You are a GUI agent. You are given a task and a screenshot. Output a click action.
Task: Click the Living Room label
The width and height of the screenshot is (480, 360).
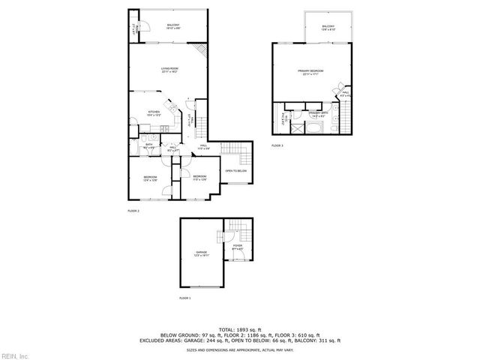tap(169, 70)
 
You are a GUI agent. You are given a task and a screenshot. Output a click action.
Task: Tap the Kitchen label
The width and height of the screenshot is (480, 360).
tap(154, 113)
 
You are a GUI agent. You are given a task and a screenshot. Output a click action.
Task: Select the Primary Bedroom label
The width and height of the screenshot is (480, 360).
tap(312, 73)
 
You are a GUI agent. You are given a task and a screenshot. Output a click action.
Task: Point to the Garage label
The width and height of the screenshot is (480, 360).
tap(201, 253)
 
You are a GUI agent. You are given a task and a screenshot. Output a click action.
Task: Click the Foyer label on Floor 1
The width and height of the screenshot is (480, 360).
tap(237, 247)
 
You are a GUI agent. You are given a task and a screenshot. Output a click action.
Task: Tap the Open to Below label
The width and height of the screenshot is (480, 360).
tap(236, 171)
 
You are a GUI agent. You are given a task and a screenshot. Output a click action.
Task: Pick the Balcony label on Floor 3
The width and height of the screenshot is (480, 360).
tap(328, 28)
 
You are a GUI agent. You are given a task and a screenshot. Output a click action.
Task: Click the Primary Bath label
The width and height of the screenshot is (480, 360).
tap(317, 115)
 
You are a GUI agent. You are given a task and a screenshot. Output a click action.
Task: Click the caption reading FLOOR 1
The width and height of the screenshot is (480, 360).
tap(185, 298)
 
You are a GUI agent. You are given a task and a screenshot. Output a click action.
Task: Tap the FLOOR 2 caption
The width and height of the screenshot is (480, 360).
tap(133, 212)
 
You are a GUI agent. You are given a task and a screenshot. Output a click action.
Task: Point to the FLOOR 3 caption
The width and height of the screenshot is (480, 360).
tap(277, 145)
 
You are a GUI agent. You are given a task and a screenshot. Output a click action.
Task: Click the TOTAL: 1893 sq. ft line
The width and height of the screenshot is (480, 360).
tap(240, 329)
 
